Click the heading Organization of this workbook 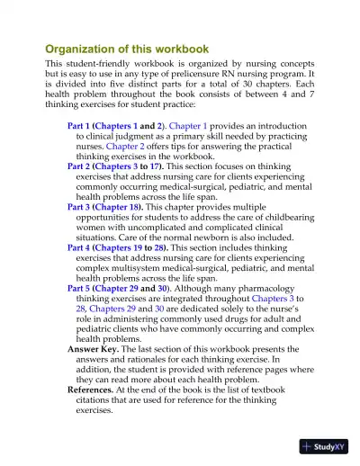[127, 49]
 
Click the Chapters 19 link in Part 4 [130, 246]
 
